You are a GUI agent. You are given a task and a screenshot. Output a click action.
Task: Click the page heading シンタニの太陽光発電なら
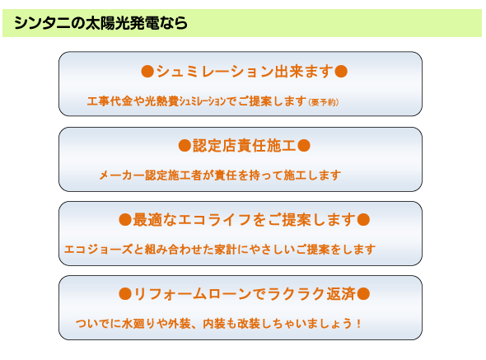point(100,23)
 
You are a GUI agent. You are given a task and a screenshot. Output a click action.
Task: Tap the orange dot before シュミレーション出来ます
point(147,72)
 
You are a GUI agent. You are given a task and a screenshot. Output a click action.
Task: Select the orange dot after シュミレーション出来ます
point(341,72)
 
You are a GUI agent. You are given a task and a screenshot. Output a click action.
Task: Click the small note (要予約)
point(323,102)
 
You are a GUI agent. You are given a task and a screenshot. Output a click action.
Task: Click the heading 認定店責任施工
point(244,146)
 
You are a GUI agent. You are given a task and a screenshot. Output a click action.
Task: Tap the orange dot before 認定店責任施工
point(185,146)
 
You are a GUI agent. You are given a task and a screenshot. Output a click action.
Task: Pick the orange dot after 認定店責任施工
point(304,146)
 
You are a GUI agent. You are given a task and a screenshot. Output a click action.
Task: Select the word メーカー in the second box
point(122,175)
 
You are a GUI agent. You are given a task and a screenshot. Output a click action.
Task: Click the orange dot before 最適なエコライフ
point(125,220)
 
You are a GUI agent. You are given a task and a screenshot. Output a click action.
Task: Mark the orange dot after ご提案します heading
point(363,220)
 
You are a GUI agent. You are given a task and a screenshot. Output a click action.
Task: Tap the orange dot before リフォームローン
point(125,294)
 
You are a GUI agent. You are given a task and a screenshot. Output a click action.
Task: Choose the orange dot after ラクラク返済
point(363,294)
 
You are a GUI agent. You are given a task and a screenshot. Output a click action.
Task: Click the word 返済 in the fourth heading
point(341,294)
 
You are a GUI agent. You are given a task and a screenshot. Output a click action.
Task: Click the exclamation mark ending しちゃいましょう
point(358,324)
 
